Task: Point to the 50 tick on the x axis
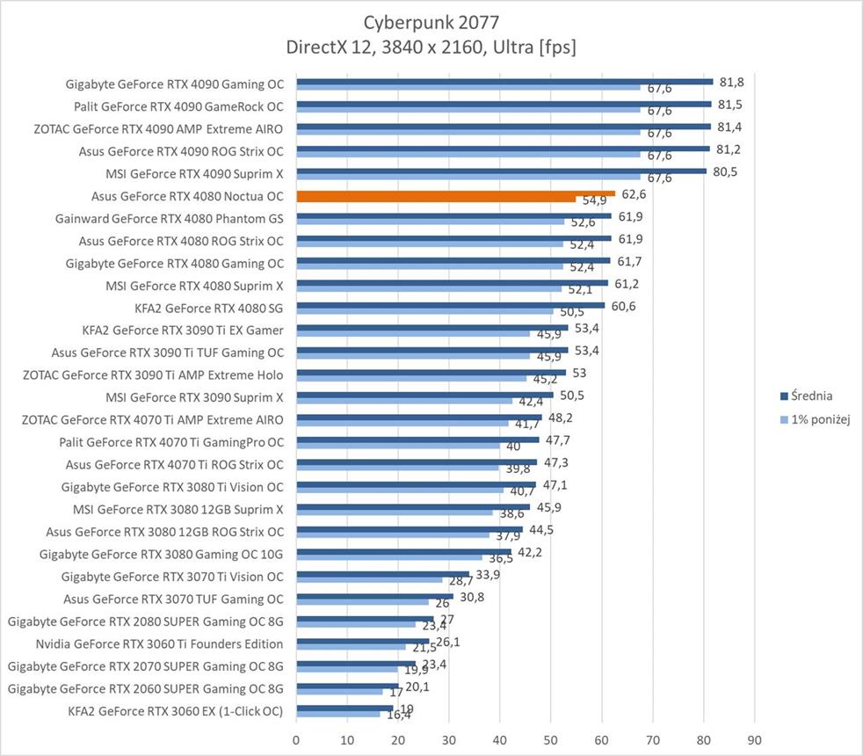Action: tap(551, 739)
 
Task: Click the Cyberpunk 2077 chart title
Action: tap(431, 20)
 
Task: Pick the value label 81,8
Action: tap(731, 81)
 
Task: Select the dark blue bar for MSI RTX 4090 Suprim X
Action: tap(501, 171)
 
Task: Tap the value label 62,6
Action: tap(633, 193)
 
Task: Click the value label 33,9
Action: tap(488, 575)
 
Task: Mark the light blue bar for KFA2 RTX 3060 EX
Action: tap(338, 714)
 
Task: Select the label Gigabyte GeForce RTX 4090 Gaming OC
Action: tap(175, 84)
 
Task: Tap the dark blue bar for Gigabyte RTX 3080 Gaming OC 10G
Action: tap(403, 551)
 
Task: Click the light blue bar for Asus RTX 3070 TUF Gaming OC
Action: tap(362, 602)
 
